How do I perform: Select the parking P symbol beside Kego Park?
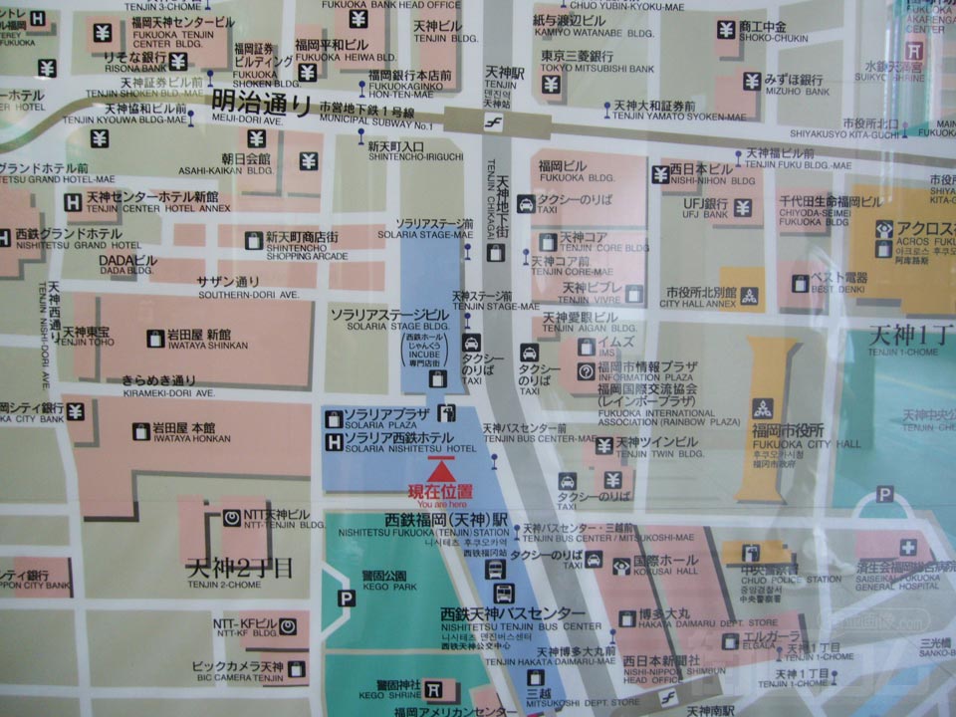346,598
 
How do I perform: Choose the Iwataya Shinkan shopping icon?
155,339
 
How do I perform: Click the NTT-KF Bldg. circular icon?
287,626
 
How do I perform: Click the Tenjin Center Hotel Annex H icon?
73,201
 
